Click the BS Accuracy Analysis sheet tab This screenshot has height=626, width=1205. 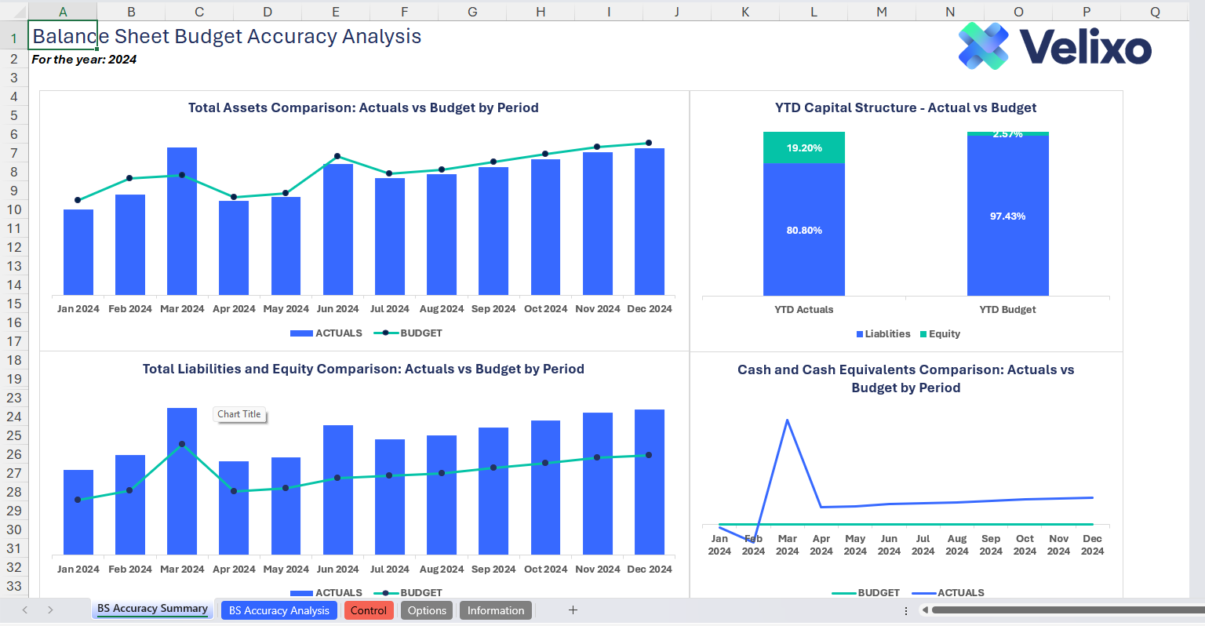click(x=278, y=610)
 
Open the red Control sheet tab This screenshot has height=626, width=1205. click(x=368, y=610)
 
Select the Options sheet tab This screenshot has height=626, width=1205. click(x=427, y=610)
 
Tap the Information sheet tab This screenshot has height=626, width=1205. click(x=495, y=610)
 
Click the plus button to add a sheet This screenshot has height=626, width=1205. click(x=573, y=610)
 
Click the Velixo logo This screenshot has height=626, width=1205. click(x=1054, y=46)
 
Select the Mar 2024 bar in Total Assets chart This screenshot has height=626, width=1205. click(x=182, y=220)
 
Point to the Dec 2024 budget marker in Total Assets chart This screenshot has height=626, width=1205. click(x=649, y=143)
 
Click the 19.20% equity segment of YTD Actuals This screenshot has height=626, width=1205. click(x=804, y=147)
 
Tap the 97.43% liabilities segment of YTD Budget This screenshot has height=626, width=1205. click(x=1007, y=216)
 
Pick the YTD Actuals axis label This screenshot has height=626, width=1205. click(x=803, y=309)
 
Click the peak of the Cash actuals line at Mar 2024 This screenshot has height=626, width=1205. click(x=787, y=420)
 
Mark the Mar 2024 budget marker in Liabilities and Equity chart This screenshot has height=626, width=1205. click(x=182, y=444)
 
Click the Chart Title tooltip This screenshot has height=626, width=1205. click(x=239, y=414)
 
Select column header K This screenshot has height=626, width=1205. click(x=745, y=12)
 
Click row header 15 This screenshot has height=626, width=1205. click(x=14, y=304)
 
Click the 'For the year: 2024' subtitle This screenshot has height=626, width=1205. click(x=84, y=60)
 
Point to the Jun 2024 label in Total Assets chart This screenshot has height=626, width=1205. click(x=337, y=309)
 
